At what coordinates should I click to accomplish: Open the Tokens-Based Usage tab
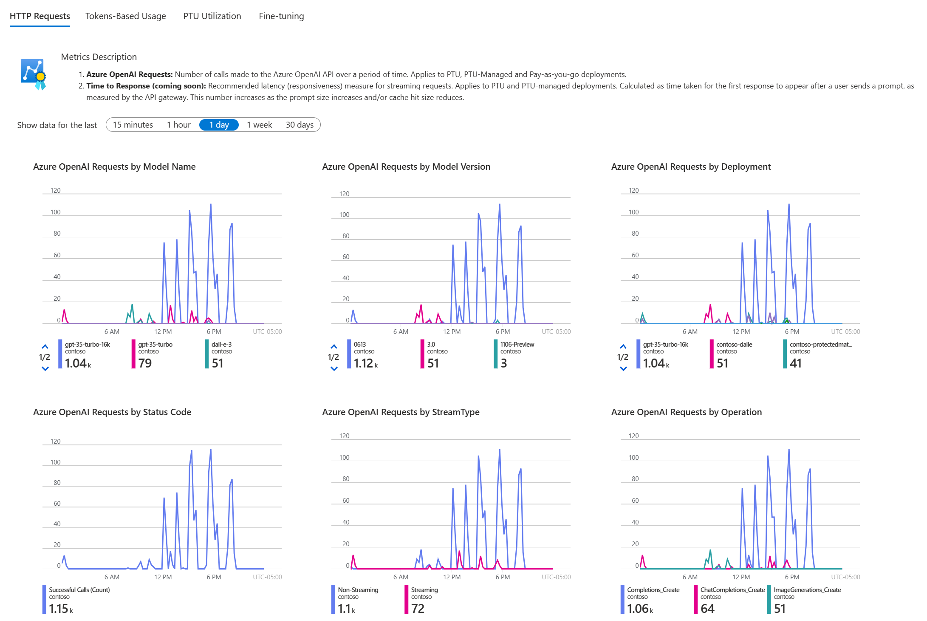[x=125, y=16]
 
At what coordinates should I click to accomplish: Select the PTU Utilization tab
[x=212, y=16]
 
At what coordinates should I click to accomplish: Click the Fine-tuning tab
[x=281, y=16]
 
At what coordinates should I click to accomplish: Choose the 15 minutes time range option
[x=133, y=125]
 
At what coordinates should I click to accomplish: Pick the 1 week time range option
[x=259, y=125]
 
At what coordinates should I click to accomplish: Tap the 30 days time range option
[x=300, y=125]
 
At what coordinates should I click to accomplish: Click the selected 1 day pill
[x=219, y=125]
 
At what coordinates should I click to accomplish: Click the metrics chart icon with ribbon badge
[x=33, y=74]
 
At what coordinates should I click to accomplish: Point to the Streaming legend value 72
[x=418, y=609]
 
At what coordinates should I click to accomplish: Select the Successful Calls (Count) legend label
[x=79, y=590]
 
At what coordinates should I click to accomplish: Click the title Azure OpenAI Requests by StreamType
[x=400, y=412]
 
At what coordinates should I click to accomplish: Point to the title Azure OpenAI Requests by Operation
[x=686, y=412]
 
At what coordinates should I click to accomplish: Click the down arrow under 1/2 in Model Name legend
[x=45, y=369]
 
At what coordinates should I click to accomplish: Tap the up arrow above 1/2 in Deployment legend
[x=623, y=346]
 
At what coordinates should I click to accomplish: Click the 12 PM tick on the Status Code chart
[x=163, y=577]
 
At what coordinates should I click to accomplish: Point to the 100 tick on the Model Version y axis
[x=344, y=215]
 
